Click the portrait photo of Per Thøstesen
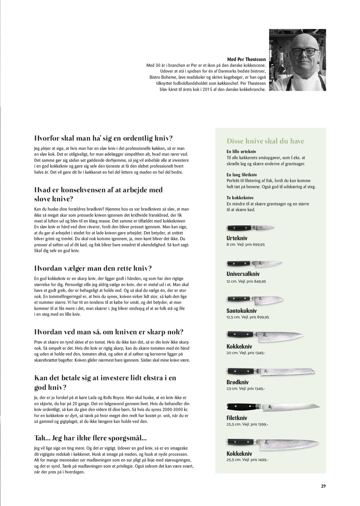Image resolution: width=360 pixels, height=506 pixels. (297, 60)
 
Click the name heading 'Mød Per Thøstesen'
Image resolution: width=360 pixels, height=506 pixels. (246, 59)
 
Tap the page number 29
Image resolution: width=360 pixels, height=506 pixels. (323, 486)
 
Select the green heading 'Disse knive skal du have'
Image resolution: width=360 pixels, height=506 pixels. (265, 141)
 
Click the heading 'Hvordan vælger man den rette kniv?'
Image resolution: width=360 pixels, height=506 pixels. (93, 269)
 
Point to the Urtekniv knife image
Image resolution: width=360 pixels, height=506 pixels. (250, 228)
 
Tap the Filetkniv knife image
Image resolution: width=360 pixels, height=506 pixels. (273, 407)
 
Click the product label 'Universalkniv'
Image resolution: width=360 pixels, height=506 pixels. (243, 274)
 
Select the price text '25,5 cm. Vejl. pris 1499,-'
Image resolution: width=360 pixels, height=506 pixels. (247, 460)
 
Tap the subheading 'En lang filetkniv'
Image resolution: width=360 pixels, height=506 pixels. (242, 175)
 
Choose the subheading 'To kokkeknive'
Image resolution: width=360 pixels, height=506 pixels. (240, 198)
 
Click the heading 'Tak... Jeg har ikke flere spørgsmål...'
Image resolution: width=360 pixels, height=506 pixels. (90, 438)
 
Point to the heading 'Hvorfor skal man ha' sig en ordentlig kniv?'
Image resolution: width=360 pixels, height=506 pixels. (103, 138)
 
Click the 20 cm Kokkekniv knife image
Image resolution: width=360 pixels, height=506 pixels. (265, 336)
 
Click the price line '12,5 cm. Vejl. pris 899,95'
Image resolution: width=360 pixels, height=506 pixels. (248, 317)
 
